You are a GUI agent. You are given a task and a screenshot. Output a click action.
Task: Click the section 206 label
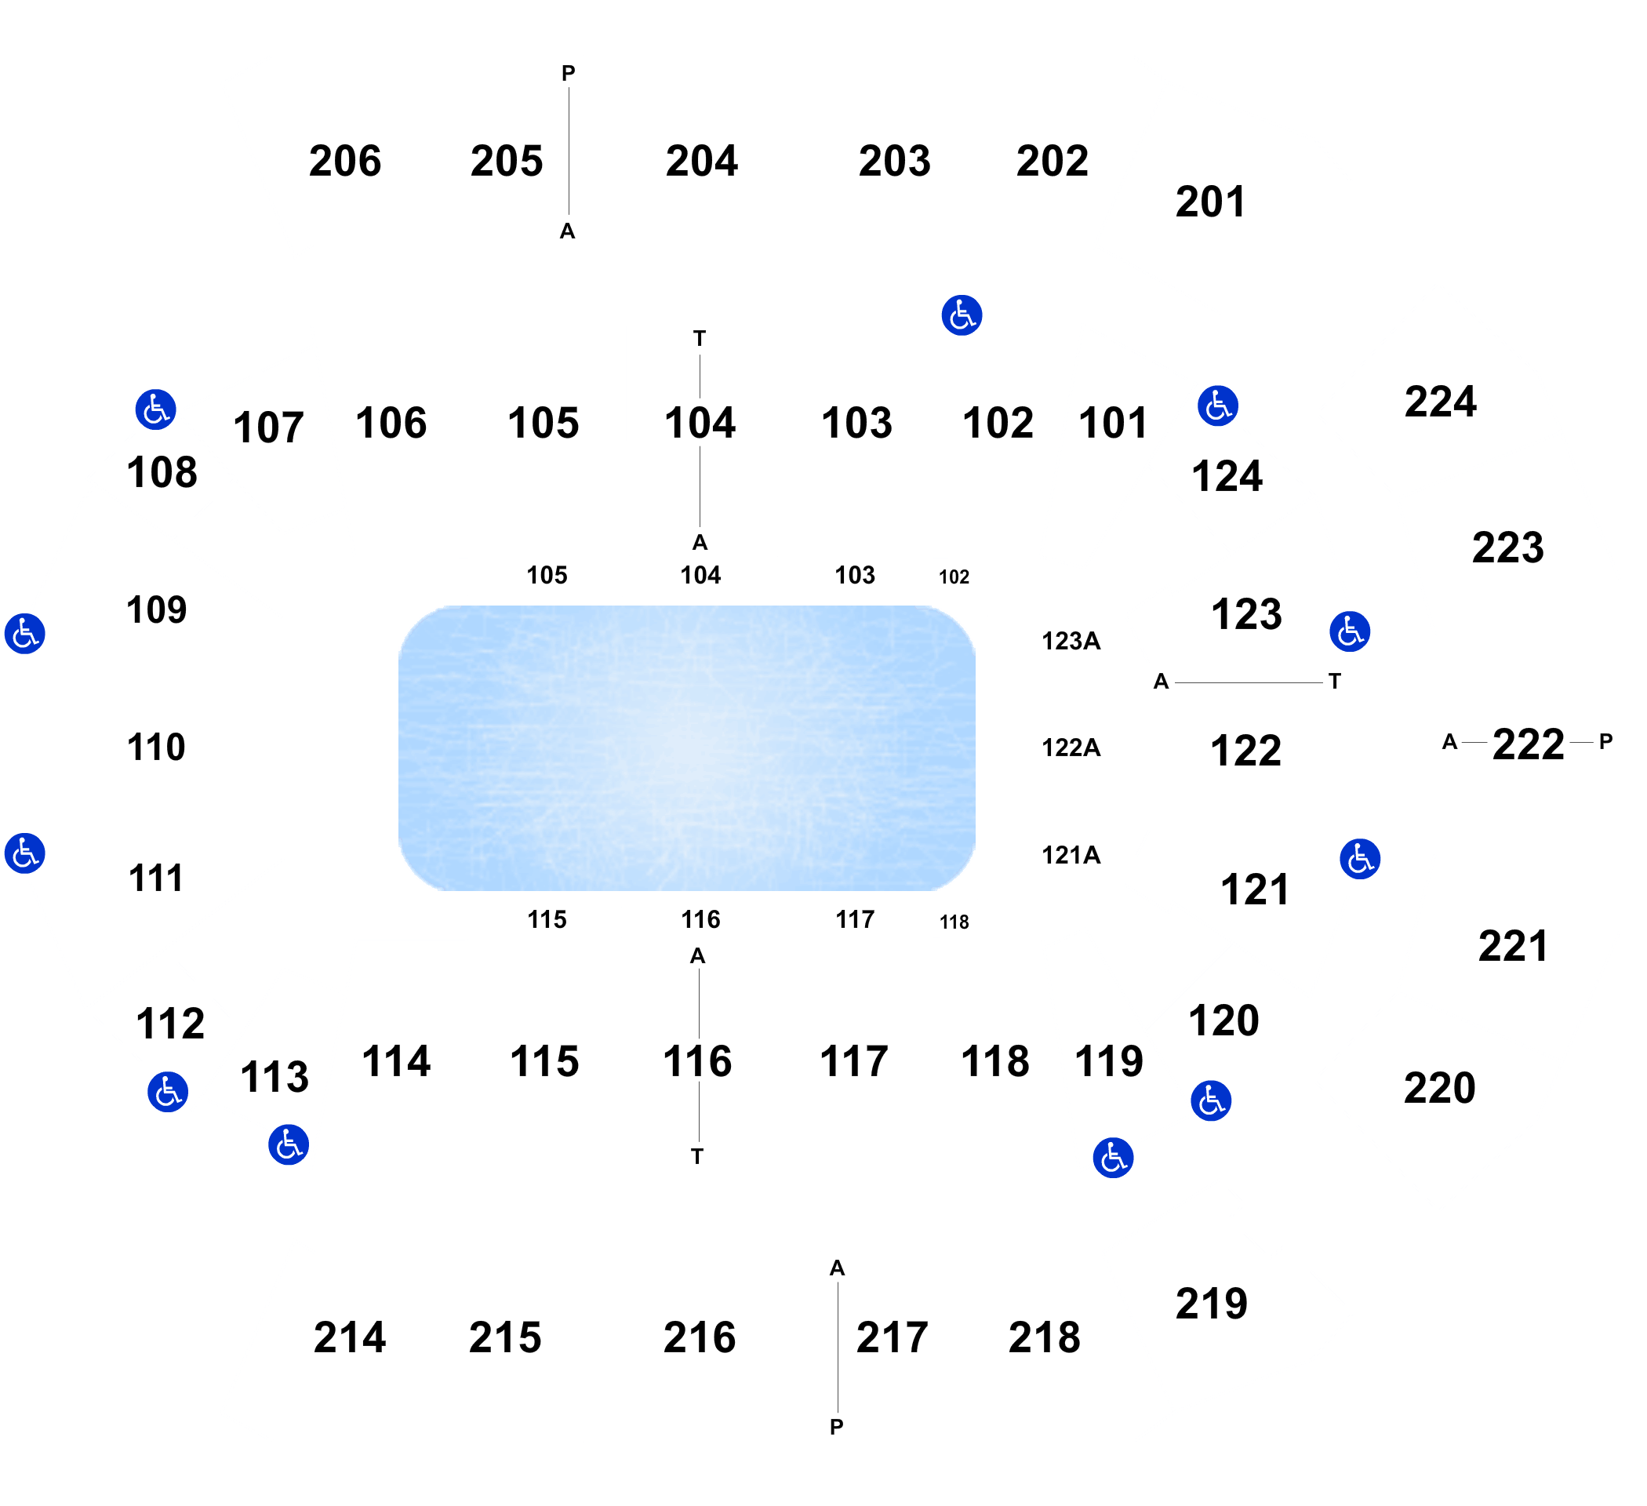tap(345, 161)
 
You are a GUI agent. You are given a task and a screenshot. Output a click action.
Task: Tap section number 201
tap(1210, 202)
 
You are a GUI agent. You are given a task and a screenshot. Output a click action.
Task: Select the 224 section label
tap(1440, 402)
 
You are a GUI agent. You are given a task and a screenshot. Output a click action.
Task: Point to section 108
tap(162, 472)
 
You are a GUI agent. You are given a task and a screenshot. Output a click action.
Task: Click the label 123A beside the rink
tap(1071, 641)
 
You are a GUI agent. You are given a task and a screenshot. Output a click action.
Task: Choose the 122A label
tap(1071, 747)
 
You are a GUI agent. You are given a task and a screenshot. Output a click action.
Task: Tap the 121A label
tap(1071, 855)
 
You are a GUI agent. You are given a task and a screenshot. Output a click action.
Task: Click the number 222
tap(1528, 744)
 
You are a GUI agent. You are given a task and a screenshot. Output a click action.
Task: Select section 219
tap(1212, 1304)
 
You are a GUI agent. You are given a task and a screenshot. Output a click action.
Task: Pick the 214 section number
tap(350, 1337)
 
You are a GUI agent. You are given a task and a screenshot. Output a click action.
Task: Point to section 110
tap(156, 747)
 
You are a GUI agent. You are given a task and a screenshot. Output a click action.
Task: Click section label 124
tap(1227, 476)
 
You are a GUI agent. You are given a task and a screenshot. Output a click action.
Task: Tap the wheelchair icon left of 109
tap(24, 633)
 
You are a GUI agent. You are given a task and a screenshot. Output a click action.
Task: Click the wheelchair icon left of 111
tap(24, 853)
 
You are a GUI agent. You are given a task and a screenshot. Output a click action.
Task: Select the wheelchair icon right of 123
tap(1350, 631)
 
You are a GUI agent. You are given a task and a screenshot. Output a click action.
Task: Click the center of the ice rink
tap(686, 748)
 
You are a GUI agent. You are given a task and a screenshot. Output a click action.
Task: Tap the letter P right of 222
tap(1605, 741)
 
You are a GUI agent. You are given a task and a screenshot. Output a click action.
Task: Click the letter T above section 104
tap(700, 337)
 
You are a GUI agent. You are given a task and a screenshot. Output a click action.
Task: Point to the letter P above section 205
tap(568, 74)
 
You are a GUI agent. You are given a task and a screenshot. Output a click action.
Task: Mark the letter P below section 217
tap(837, 1427)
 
